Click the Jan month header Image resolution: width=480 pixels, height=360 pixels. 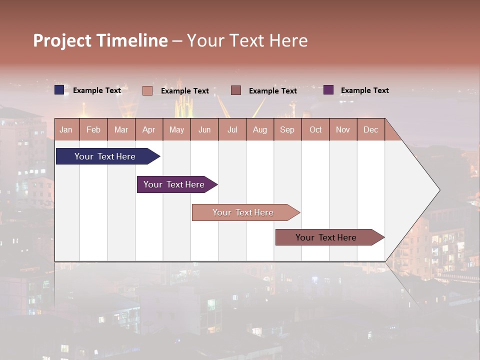click(x=66, y=129)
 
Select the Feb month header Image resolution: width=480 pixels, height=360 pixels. click(x=93, y=129)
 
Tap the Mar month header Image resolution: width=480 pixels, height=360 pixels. click(x=121, y=129)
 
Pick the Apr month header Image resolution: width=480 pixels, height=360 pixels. click(x=149, y=129)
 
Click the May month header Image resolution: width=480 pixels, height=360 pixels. click(x=176, y=129)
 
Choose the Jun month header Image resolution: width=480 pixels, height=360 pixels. click(x=204, y=129)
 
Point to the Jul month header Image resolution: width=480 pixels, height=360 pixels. click(x=232, y=129)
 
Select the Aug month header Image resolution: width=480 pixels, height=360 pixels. click(x=260, y=129)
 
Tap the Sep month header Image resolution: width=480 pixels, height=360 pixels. click(x=287, y=129)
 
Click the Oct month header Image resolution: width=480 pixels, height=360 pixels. click(x=315, y=129)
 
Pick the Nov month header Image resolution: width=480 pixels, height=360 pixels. click(x=343, y=129)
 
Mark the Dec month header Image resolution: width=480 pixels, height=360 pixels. click(x=371, y=129)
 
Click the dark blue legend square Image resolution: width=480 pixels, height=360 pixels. click(x=59, y=90)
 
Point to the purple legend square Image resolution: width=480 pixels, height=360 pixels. click(x=328, y=90)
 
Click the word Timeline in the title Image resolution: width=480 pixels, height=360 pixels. click(x=132, y=40)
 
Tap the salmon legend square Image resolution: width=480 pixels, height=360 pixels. click(x=147, y=90)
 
